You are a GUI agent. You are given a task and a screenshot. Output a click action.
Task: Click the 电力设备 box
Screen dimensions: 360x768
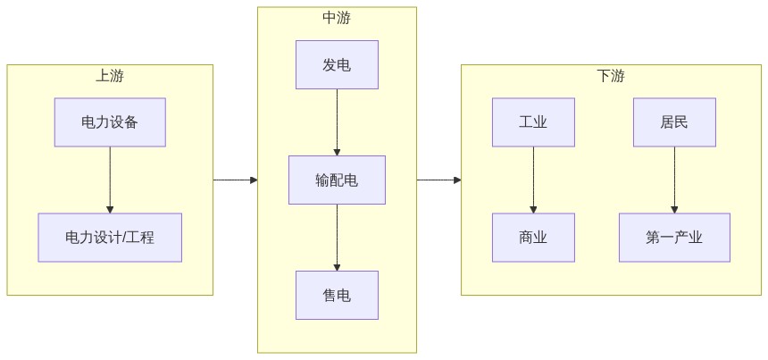(x=110, y=122)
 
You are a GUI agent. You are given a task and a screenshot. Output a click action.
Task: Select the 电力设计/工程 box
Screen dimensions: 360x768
(x=110, y=238)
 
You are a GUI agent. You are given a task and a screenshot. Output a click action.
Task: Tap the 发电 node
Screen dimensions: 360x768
(x=337, y=64)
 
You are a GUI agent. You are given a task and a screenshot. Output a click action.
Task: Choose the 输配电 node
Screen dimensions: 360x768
(x=337, y=180)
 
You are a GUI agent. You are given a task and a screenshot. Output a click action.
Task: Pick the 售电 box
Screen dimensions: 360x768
(x=337, y=295)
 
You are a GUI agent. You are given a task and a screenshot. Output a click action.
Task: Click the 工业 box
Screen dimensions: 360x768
(x=533, y=122)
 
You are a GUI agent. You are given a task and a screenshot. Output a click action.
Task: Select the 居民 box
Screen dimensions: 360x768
(x=674, y=122)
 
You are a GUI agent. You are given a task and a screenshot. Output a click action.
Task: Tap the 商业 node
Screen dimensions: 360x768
(x=533, y=238)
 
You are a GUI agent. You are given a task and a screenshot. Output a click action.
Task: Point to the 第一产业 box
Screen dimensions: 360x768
(x=674, y=238)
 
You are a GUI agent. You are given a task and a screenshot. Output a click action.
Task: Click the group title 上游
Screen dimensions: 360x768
(x=110, y=76)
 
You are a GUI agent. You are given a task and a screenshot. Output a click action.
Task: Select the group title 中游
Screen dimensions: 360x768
(x=337, y=18)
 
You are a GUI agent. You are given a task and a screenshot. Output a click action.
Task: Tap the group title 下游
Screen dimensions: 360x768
(x=611, y=76)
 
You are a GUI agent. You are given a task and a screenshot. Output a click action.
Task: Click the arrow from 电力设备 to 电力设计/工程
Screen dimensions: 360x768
(x=110, y=180)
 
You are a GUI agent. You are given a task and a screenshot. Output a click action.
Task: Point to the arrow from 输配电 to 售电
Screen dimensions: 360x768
(x=337, y=238)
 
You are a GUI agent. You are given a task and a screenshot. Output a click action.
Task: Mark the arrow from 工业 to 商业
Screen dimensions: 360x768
(x=533, y=180)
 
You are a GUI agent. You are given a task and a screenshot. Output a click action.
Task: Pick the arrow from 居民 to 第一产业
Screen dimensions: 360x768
(x=674, y=180)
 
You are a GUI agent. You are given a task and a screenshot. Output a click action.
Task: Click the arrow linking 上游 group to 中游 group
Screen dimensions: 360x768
(x=235, y=180)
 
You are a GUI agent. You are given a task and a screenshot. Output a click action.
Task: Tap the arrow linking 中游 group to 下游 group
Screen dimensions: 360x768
(x=438, y=180)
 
